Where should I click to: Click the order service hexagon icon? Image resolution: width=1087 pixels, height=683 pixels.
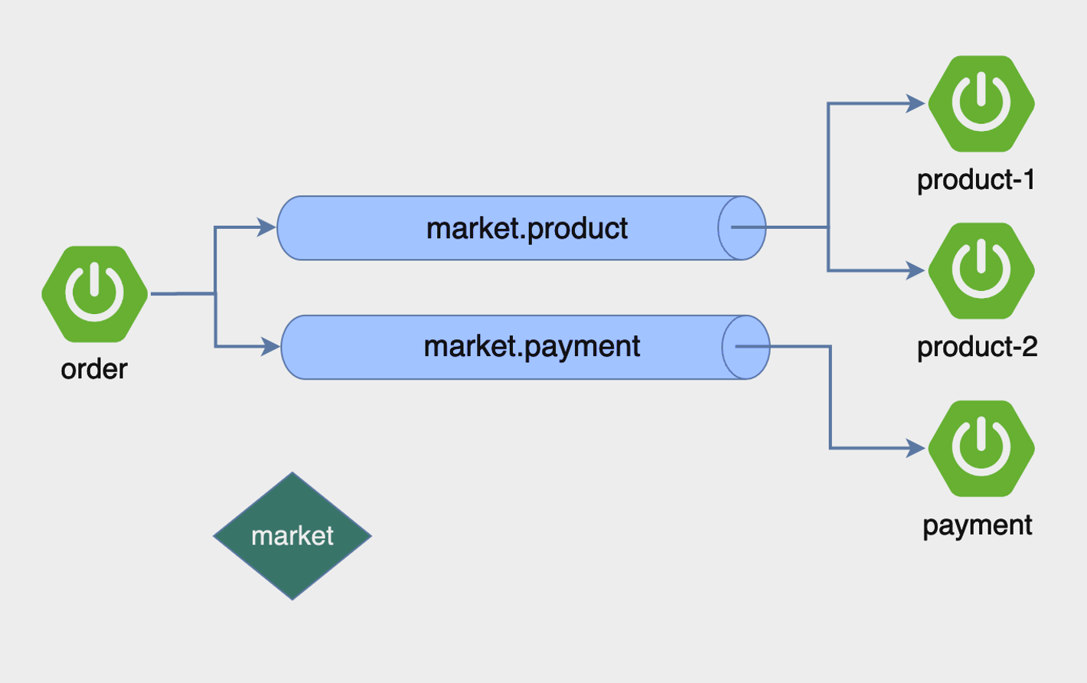click(95, 294)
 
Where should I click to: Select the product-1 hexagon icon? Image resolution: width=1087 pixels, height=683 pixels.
click(981, 103)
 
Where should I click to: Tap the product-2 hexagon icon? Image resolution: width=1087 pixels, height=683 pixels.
click(981, 270)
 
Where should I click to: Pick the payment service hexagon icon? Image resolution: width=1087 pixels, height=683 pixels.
click(981, 448)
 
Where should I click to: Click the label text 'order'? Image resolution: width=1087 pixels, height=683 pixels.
click(94, 369)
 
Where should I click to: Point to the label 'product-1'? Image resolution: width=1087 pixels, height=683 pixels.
click(976, 180)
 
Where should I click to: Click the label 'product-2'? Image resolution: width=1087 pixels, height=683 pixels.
click(977, 347)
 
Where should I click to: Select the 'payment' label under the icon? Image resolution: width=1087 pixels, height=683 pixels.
click(977, 525)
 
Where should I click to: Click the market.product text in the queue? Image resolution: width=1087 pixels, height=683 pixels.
click(527, 228)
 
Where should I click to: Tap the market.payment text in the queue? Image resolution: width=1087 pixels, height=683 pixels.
click(532, 346)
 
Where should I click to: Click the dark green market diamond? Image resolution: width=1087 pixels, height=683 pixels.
click(292, 536)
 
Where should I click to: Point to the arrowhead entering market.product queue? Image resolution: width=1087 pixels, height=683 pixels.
click(267, 227)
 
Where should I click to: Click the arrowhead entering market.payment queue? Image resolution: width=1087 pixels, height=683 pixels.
click(271, 346)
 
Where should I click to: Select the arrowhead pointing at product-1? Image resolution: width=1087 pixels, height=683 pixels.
click(916, 103)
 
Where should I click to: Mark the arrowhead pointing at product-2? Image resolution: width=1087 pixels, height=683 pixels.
click(916, 270)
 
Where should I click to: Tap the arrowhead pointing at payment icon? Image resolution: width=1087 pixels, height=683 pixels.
click(916, 448)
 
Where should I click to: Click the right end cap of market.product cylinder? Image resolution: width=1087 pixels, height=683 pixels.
click(742, 228)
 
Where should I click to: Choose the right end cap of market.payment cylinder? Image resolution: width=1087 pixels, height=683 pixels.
click(746, 347)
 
